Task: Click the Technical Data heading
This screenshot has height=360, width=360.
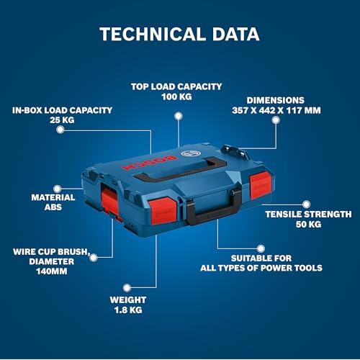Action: pos(179,34)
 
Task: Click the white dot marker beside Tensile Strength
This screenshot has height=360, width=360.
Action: pos(306,204)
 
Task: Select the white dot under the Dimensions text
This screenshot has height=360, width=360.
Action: pos(275,122)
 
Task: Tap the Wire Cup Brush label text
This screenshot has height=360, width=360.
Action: pos(50,252)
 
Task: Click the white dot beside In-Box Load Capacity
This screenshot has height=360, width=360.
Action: pos(60,131)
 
